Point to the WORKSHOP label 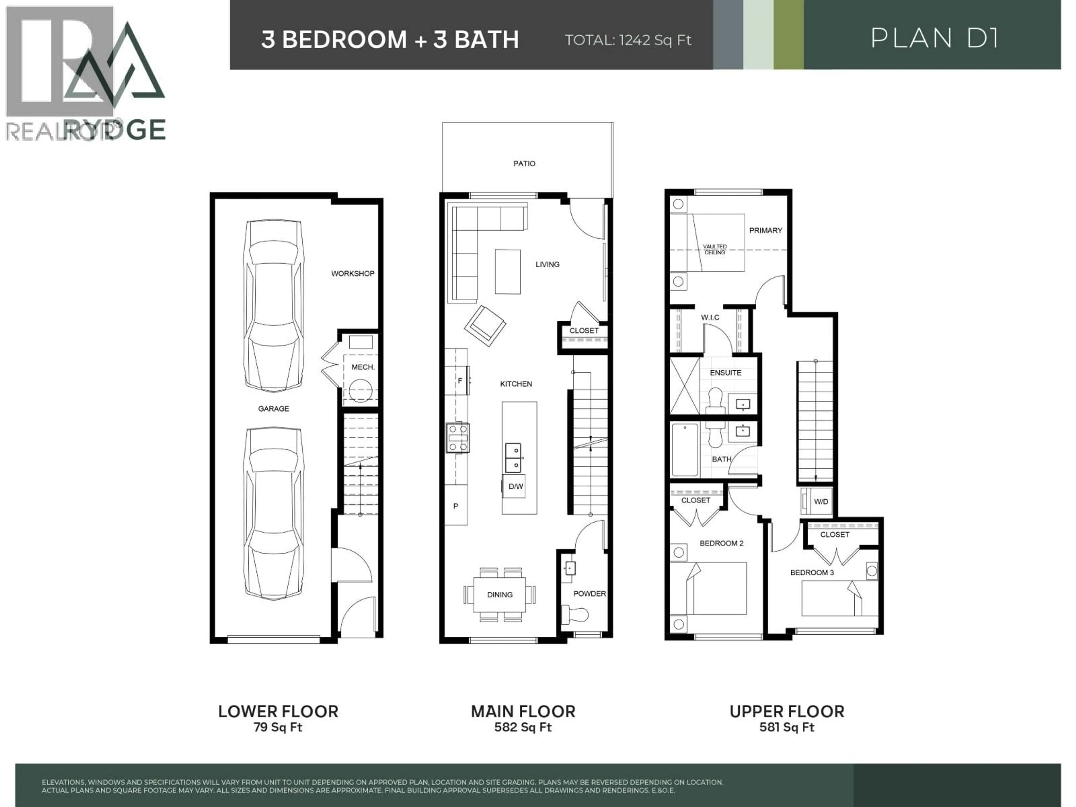click(x=353, y=273)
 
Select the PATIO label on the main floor click(x=524, y=163)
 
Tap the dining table click(x=500, y=594)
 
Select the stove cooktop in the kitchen click(x=458, y=438)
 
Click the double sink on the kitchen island click(x=513, y=458)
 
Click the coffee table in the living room click(x=507, y=272)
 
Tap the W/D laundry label click(x=821, y=502)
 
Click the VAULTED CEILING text click(x=715, y=250)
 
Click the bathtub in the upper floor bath click(x=685, y=450)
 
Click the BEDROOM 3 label click(x=812, y=572)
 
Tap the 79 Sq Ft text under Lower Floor click(x=278, y=727)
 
